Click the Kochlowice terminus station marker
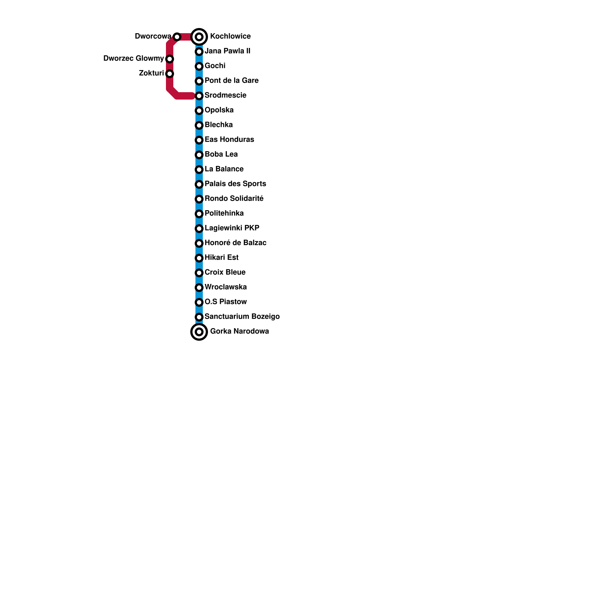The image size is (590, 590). (199, 37)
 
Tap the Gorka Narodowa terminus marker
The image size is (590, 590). (199, 332)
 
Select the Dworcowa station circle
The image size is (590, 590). (177, 37)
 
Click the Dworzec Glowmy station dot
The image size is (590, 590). (170, 59)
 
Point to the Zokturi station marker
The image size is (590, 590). (170, 74)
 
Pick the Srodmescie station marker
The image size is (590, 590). (199, 96)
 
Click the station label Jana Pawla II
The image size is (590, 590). (227, 51)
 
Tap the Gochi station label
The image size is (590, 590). (215, 66)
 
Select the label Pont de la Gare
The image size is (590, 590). (232, 81)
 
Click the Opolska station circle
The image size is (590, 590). (199, 111)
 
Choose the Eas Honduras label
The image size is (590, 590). (229, 140)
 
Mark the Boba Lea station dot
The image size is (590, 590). (199, 155)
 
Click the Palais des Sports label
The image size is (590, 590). (235, 184)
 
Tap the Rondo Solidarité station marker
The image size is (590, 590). (199, 199)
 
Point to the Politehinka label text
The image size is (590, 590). (224, 214)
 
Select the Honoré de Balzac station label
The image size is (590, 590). (236, 243)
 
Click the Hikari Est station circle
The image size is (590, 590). (199, 258)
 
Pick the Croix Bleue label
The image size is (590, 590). (225, 273)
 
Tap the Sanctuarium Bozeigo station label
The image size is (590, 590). (242, 317)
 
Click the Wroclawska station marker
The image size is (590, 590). (199, 288)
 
